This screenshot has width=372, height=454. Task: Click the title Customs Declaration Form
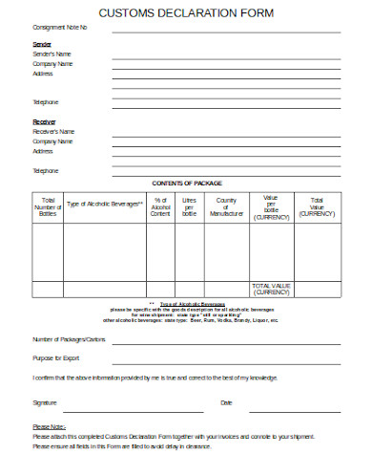coord(185,13)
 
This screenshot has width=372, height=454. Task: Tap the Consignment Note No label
coord(59,28)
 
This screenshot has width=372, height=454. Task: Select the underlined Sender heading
coord(43,44)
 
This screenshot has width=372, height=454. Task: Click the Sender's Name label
coord(52,54)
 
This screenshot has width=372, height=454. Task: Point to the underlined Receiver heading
coord(46,121)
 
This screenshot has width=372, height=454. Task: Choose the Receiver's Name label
coord(54,132)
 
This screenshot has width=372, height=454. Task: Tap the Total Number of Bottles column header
coord(48,207)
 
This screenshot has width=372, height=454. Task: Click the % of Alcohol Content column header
coord(160,207)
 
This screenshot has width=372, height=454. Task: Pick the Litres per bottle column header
coord(189,207)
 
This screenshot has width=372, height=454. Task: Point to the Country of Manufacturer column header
coord(226,207)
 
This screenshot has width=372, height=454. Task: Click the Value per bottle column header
coord(270,207)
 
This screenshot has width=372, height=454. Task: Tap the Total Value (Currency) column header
coord(317,207)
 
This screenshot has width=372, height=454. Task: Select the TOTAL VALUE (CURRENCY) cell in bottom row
coord(270,289)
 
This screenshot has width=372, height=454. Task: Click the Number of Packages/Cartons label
coord(69,340)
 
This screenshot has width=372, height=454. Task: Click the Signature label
coord(45,402)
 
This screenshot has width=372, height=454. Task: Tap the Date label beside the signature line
coord(226,402)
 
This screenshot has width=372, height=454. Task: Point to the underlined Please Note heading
coord(49,426)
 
